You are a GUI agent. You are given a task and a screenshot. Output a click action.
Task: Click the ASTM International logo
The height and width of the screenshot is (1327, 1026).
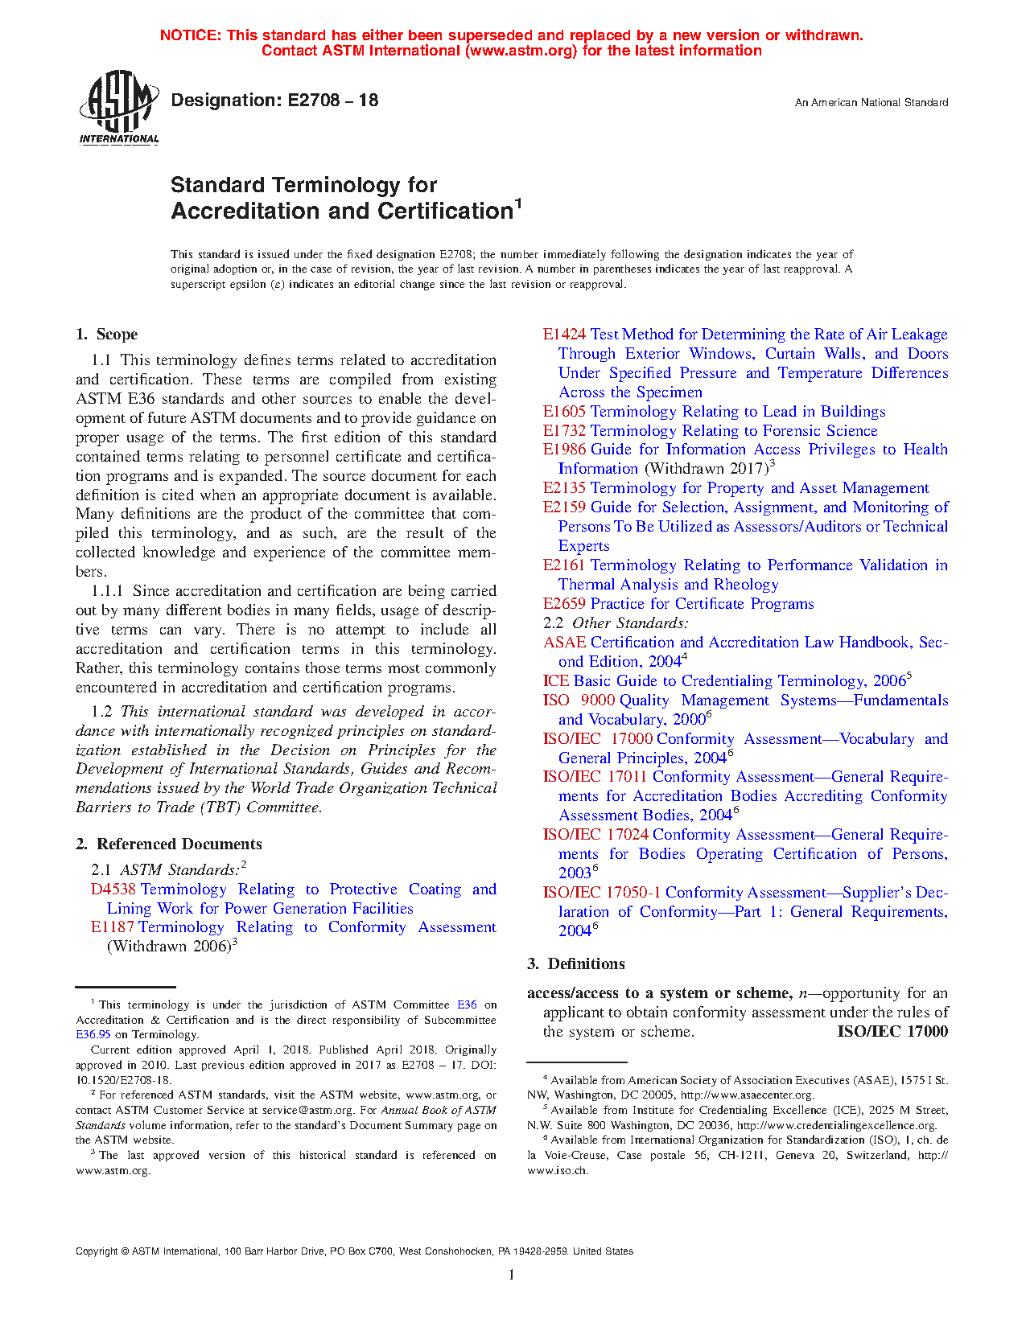pos(118,108)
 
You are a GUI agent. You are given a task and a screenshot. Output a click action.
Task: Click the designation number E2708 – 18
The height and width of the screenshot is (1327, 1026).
pos(274,101)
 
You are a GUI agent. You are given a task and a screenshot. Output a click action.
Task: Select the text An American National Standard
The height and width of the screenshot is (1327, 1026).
pos(871,103)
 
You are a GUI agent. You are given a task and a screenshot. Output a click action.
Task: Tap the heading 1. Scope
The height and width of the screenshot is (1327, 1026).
pos(106,335)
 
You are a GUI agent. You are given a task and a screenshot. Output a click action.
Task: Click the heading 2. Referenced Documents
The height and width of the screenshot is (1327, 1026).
pos(168,844)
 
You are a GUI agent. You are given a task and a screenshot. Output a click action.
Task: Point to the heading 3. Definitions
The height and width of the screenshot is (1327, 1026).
pos(575,964)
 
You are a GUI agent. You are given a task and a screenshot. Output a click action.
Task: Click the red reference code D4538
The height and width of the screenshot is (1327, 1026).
pos(113,889)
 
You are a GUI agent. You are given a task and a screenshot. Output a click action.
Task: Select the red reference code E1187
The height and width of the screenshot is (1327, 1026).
pos(112,927)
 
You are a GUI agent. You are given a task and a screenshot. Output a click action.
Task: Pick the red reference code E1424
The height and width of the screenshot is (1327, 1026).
pos(564,335)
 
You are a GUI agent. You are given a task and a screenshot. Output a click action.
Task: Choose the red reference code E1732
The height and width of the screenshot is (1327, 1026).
pos(564,431)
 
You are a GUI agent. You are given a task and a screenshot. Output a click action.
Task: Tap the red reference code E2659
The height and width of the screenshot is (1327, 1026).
pos(564,604)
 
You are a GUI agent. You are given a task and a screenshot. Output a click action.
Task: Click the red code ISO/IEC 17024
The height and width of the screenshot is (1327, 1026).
pos(595,835)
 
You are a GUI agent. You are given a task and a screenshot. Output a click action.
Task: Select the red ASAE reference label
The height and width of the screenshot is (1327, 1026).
pos(564,643)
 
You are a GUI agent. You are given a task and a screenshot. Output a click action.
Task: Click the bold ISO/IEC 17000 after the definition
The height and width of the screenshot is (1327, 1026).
pos(892,1032)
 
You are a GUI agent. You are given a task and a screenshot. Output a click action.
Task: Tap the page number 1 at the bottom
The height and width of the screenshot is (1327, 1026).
pos(512,1275)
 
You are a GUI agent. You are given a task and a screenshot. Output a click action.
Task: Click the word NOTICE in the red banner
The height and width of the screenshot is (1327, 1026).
pos(190,35)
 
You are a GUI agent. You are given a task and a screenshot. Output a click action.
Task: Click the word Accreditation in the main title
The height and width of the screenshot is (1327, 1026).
pos(245,212)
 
